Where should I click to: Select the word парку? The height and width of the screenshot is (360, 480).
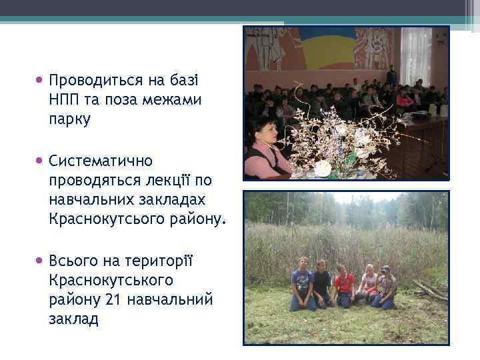click(x=69, y=120)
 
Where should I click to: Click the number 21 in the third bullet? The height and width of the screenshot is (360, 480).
click(x=113, y=299)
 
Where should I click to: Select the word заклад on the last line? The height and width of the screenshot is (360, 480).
click(x=73, y=319)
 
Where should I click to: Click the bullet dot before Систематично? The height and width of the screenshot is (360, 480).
click(x=41, y=161)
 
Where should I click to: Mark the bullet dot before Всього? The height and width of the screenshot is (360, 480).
click(x=41, y=260)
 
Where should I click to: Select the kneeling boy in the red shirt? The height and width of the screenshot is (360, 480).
click(x=345, y=287)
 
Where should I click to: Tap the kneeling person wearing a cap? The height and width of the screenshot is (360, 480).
click(x=385, y=287)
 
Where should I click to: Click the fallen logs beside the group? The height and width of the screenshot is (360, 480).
click(x=429, y=290)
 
